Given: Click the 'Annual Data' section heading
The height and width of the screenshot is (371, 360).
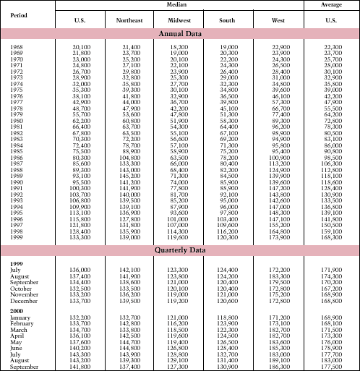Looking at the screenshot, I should coord(181,33).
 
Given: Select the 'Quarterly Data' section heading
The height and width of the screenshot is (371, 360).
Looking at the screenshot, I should coord(181,250).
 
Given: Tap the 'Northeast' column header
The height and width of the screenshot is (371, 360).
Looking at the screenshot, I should coord(129,20).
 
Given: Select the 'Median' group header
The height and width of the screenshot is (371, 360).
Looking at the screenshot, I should coord(181,5).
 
